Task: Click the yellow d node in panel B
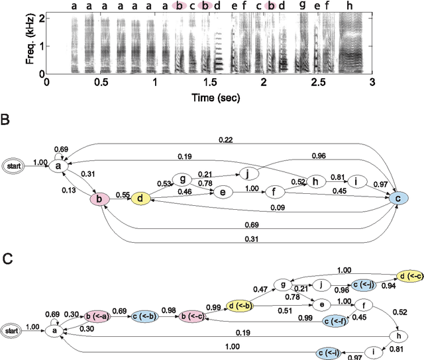point(140,198)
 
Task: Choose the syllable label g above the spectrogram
point(302,5)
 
